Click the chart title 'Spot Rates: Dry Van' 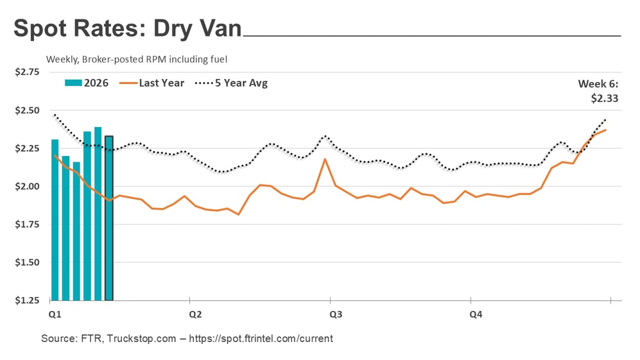pos(128,29)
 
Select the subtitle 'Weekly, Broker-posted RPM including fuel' pos(137,59)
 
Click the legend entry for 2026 pos(87,83)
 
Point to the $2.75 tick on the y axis pos(27,72)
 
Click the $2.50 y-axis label pos(27,110)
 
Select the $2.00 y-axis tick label pos(27,186)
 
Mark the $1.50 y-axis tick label pos(27,262)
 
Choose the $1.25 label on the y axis pos(27,300)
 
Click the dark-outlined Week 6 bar pos(109,218)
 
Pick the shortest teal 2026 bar pos(76,231)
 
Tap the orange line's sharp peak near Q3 pos(325,159)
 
